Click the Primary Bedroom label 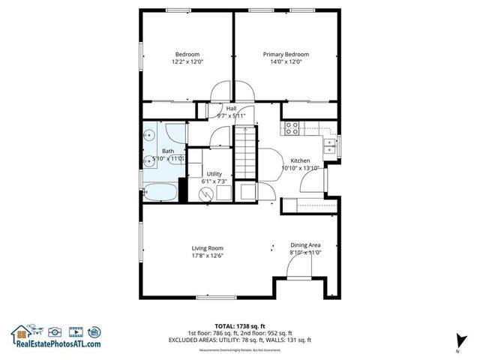[285, 54]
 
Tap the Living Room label [207, 248]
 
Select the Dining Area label [306, 245]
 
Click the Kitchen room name [300, 160]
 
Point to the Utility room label [214, 173]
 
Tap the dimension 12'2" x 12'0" [187, 62]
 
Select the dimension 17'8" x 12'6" [207, 256]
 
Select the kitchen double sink [328, 145]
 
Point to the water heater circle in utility [205, 193]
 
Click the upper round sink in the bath [150, 136]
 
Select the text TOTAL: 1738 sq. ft [239, 326]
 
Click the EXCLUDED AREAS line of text [239, 340]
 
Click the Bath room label [168, 151]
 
